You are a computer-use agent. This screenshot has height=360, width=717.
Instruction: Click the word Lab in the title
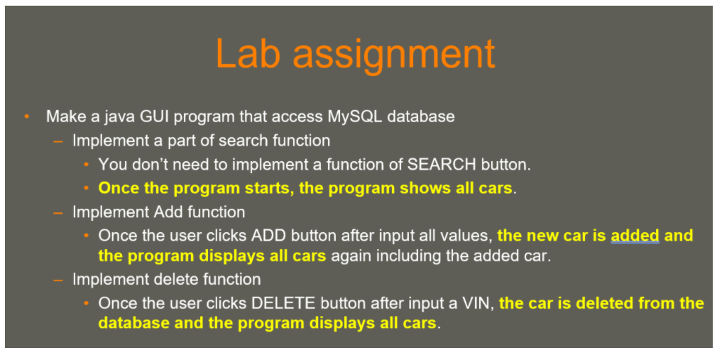tap(247, 53)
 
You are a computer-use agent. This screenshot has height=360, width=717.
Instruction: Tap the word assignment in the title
tap(394, 56)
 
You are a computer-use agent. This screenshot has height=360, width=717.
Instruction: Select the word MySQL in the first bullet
tap(355, 117)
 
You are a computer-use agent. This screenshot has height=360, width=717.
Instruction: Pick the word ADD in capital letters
tap(268, 236)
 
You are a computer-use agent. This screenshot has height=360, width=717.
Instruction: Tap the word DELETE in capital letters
tap(283, 303)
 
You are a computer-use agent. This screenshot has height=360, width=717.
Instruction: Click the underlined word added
tap(635, 236)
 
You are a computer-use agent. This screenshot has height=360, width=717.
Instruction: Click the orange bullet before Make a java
tap(27, 116)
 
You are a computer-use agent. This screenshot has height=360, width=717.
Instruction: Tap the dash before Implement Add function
tap(58, 213)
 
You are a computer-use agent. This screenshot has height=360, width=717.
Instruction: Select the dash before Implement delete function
tap(58, 280)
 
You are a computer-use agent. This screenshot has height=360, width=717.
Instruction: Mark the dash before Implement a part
tap(58, 141)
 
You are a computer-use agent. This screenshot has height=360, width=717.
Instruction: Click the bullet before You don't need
tap(86, 165)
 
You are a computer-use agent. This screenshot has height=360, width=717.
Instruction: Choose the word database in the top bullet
tap(421, 116)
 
